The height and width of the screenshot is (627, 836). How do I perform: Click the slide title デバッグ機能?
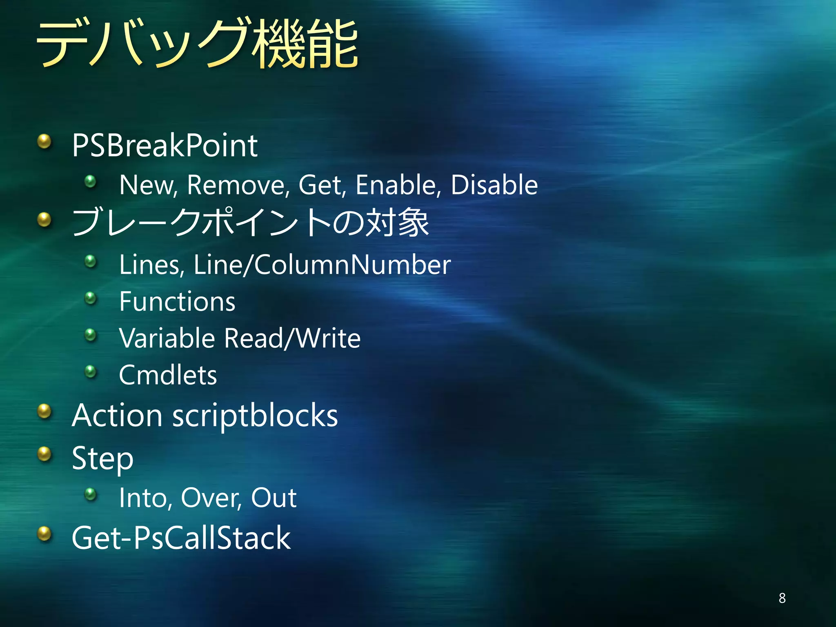pos(197,44)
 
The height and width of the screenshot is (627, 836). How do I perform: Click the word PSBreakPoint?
pos(165,145)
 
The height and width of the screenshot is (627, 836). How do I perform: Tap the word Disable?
pos(494,185)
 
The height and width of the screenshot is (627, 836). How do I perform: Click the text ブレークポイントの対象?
pos(250,222)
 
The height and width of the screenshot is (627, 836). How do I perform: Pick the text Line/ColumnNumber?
pos(322,265)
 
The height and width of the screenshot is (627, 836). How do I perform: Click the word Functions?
pos(177,302)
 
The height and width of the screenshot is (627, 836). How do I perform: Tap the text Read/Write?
pos(292,338)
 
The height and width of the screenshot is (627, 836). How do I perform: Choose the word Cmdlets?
pos(168,375)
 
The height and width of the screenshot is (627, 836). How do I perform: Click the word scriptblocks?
pos(255,416)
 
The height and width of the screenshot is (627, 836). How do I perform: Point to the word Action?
pos(117,416)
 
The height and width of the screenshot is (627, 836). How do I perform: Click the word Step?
pos(102,458)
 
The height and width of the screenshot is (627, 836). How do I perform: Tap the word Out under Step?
pos(273,498)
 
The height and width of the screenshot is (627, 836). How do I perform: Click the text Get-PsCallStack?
pos(181,538)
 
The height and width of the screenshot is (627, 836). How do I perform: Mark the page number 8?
pos(782,598)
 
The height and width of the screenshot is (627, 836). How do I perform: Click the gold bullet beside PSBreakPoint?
pos(44,142)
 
